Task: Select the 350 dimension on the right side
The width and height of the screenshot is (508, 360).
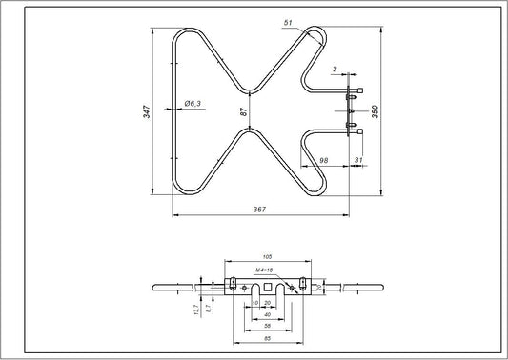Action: pos(375,111)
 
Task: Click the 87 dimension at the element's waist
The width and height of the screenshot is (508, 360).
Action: pos(244,111)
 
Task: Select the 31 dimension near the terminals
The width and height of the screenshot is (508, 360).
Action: pos(358,160)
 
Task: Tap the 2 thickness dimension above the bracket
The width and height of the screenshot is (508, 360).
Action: pos(335,70)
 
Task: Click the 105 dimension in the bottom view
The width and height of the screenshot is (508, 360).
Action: pos(267,257)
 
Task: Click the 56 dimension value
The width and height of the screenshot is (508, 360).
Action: pos(266,326)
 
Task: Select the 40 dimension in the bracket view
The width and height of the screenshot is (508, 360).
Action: pos(267,314)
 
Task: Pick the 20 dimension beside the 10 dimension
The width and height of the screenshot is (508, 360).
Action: pos(267,303)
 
